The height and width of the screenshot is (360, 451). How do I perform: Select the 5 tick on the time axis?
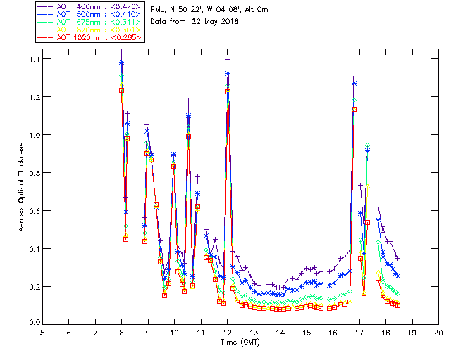click(42, 332)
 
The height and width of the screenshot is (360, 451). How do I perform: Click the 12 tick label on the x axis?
click(227, 332)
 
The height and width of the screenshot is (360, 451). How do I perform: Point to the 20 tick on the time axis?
click(438, 332)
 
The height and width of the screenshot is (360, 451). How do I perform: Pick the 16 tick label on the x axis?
click(333, 332)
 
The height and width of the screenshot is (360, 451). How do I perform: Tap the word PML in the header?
click(159, 9)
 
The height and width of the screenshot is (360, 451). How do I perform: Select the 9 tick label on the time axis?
click(148, 332)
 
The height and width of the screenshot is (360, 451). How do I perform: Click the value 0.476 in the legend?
click(128, 6)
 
